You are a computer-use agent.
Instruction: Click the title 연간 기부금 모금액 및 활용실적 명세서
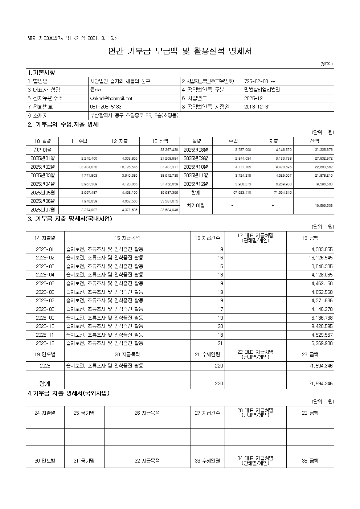(x=180, y=51)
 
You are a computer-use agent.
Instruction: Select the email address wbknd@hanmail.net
(x=111, y=98)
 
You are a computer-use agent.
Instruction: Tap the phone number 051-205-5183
(x=106, y=107)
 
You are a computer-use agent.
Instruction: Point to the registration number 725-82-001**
(x=259, y=81)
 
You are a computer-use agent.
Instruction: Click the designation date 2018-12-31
(x=257, y=107)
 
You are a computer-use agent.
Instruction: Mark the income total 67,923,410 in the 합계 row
(x=242, y=193)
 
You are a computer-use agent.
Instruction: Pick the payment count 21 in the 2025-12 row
(x=220, y=343)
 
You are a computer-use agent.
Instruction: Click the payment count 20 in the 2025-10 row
(x=220, y=326)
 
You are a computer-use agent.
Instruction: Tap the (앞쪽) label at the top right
(x=326, y=64)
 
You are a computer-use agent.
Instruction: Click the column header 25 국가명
(x=84, y=413)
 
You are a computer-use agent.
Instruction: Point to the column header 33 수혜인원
(x=207, y=461)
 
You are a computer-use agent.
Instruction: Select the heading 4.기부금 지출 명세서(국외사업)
(x=69, y=393)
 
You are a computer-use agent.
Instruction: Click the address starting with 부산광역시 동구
(x=134, y=116)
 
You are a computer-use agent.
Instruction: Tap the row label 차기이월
(x=196, y=205)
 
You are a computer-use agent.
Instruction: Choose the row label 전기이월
(x=42, y=150)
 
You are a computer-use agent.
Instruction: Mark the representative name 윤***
(x=96, y=90)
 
